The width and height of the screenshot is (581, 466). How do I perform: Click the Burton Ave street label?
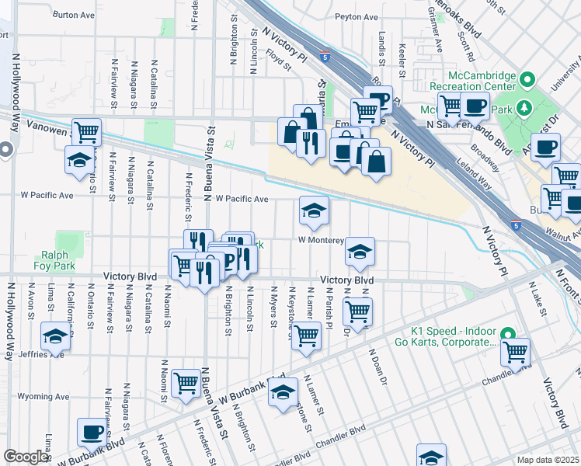coord(75,15)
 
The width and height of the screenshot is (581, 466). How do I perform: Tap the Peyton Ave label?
coord(356,16)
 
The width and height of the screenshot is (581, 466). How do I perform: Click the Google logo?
coord(26,457)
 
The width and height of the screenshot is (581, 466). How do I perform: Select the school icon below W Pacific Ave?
coord(314,210)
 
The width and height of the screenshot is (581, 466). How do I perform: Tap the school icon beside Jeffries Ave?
coord(56,336)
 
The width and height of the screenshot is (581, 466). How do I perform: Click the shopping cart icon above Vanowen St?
coord(87,130)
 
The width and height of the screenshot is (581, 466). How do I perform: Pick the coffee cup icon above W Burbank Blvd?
coord(92,431)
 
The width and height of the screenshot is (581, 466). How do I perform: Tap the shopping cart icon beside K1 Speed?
coord(515,352)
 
